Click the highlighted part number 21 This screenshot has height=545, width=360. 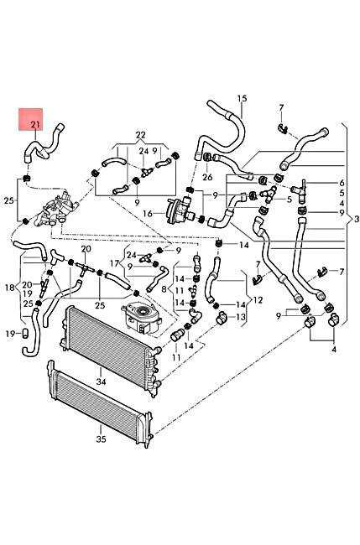[x=34, y=125]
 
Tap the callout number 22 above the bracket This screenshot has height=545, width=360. [x=140, y=134]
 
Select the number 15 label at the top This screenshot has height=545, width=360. [x=242, y=99]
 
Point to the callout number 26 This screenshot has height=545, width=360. [x=207, y=177]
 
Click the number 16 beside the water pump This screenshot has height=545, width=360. [x=148, y=215]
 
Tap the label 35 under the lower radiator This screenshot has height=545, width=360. [x=101, y=438]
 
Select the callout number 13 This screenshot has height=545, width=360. [x=240, y=317]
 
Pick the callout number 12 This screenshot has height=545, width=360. [x=258, y=300]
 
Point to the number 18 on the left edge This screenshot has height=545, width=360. [x=9, y=287]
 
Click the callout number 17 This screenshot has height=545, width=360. [x=115, y=263]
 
